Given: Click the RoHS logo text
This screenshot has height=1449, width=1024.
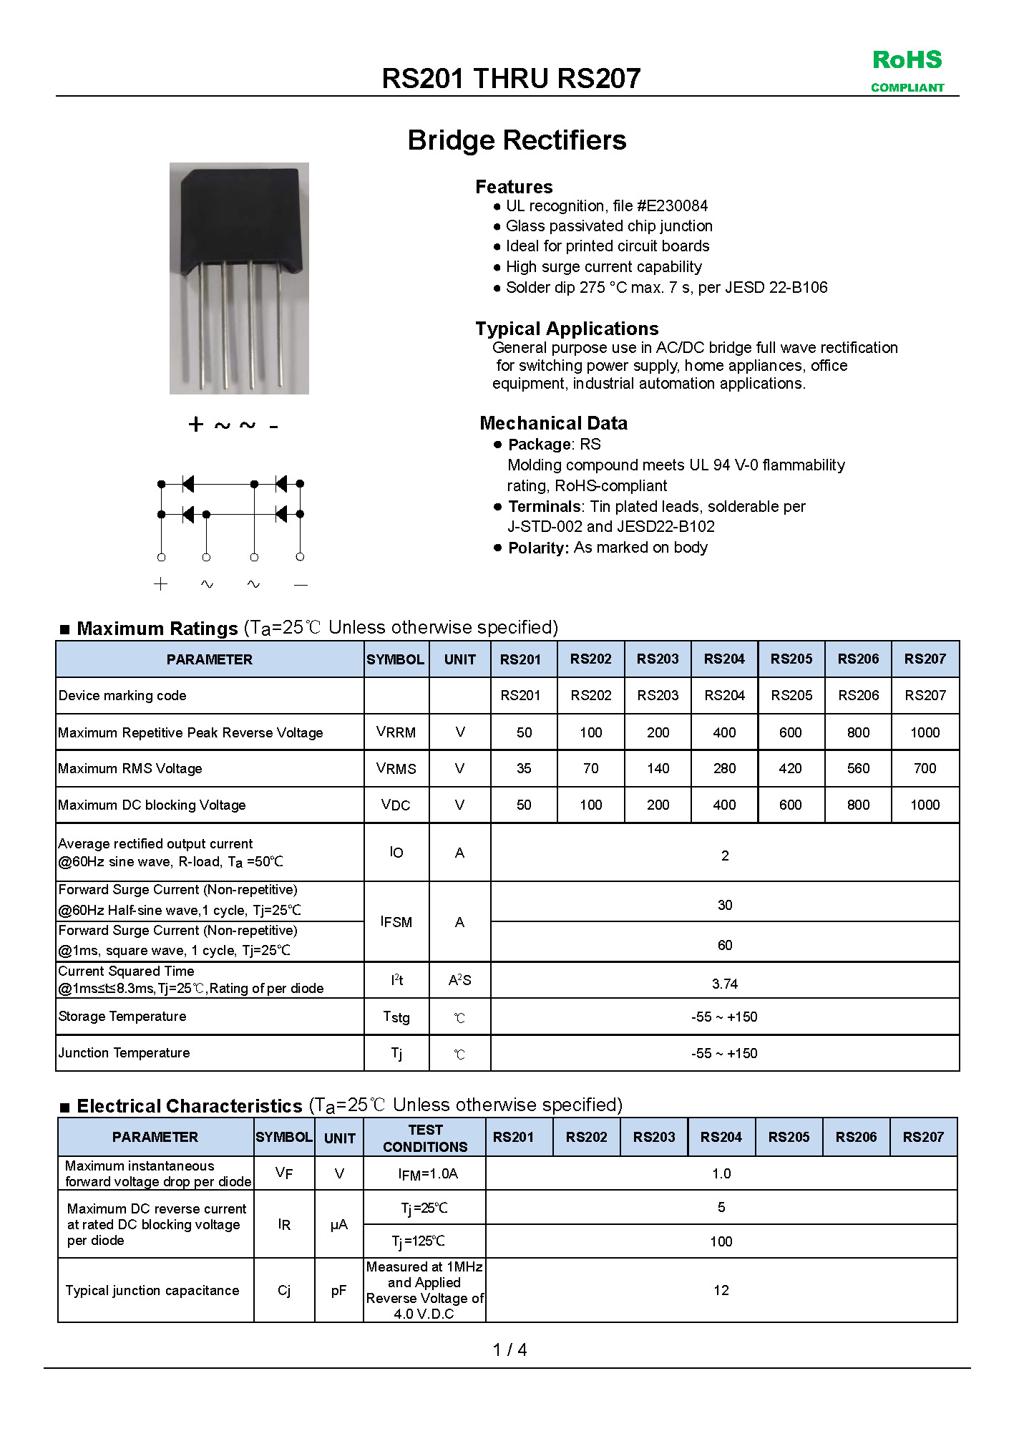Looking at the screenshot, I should tap(907, 60).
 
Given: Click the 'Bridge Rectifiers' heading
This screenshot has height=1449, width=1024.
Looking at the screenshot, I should tap(517, 140).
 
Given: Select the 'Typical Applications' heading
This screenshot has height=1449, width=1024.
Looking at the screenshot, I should tap(567, 329).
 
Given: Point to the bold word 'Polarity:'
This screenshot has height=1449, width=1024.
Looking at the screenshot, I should tap(538, 548).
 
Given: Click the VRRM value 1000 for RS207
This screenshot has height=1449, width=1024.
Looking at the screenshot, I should tap(925, 732).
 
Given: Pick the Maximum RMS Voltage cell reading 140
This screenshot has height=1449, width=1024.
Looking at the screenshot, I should tap(658, 768).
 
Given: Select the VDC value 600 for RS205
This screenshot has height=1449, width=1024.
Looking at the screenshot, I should tap(790, 805).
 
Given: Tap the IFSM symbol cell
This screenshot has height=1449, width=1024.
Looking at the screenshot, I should tap(396, 922).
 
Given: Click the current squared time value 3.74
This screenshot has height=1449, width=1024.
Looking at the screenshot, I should tap(724, 984).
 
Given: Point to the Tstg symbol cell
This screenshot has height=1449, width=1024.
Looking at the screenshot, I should tap(396, 1017).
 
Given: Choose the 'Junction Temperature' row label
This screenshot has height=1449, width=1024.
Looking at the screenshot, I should tap(124, 1053).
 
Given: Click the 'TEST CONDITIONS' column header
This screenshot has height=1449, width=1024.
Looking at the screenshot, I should tap(425, 1138).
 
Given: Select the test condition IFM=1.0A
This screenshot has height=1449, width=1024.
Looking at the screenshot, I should tap(428, 1173).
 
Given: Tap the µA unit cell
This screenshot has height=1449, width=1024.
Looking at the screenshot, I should tap(339, 1225).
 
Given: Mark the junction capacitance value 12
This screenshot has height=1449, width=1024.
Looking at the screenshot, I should tap(721, 1290).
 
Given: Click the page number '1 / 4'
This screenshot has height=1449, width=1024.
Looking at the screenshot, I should tap(509, 1349).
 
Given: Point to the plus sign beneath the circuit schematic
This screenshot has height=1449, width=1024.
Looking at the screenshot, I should tap(160, 584).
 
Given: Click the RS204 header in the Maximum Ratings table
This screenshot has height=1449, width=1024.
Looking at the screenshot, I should tap(724, 659).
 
